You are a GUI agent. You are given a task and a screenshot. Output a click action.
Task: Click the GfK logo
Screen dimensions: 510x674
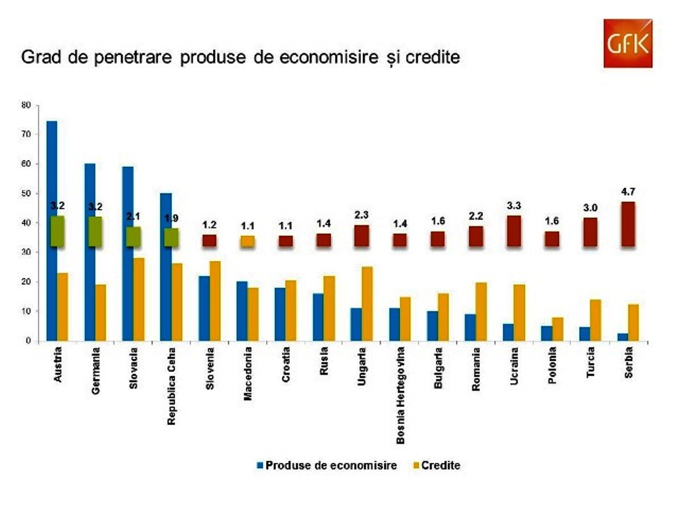point(628,43)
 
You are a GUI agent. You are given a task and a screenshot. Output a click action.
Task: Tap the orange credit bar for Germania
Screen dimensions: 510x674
point(100,312)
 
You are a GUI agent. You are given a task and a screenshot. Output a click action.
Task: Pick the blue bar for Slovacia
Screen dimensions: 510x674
point(128,253)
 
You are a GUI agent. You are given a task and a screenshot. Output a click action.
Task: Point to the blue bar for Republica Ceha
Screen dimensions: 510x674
point(166,266)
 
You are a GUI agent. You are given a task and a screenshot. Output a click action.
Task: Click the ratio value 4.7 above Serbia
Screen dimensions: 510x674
point(627,192)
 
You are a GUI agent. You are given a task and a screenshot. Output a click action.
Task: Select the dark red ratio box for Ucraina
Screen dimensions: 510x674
point(513,231)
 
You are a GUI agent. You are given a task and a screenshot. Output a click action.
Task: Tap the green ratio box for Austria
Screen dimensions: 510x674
point(57,231)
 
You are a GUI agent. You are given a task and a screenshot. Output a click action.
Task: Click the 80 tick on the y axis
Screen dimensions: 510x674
point(27,105)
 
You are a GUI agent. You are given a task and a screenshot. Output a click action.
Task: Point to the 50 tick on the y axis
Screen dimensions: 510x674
point(27,193)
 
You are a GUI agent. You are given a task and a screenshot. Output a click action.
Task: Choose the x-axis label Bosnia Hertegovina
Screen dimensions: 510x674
point(401,395)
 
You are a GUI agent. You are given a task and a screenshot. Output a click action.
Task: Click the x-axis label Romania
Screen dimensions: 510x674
point(476,369)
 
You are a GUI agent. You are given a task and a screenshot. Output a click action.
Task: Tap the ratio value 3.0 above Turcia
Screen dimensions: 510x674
point(589,208)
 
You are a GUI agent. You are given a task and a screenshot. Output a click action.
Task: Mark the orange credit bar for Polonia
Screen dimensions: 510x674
point(558,329)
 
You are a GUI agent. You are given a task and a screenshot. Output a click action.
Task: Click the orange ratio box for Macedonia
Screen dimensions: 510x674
point(247,241)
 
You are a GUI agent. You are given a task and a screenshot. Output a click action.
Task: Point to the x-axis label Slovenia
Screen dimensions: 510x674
point(209,371)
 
